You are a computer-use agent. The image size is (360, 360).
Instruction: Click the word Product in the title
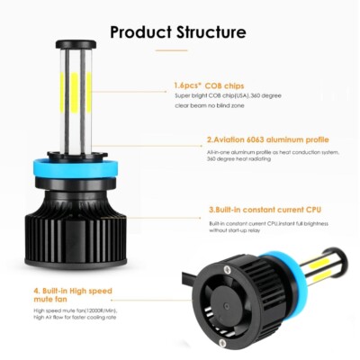click(139, 33)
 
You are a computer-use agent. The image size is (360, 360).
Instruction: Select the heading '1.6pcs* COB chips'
click(209, 86)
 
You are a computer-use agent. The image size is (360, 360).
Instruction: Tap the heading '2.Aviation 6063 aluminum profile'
click(267, 140)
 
